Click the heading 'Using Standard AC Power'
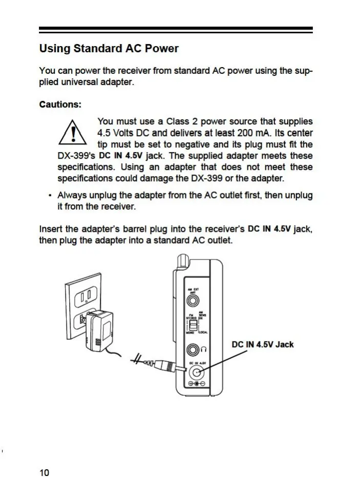point(109,49)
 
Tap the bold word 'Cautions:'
point(60,104)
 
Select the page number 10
point(44,472)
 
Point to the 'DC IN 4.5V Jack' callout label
point(263,344)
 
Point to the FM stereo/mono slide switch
point(193,326)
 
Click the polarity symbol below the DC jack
point(197,384)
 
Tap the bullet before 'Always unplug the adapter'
point(49,196)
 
